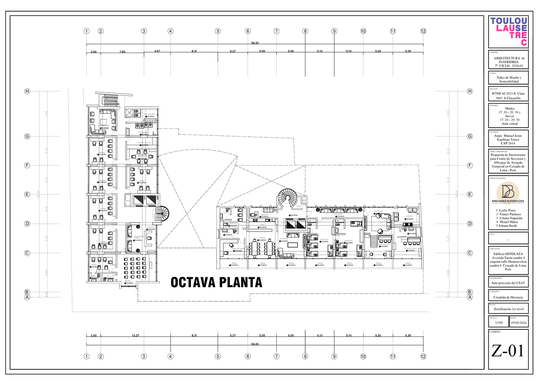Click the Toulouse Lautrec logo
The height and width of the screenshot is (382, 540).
point(509,31)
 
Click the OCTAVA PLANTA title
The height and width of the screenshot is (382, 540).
point(216,283)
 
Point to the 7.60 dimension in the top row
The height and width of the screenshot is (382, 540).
point(122,52)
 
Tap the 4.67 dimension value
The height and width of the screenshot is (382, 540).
point(157,51)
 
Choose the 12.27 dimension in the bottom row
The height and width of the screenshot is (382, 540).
point(135,336)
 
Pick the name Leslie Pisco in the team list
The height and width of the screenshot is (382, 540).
point(506,210)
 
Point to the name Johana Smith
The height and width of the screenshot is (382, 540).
point(507,226)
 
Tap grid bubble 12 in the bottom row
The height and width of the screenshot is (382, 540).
point(423,357)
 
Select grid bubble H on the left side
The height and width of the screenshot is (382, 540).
point(27,91)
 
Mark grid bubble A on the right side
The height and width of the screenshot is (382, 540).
point(470,297)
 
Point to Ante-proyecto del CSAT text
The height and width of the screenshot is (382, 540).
point(509,283)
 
